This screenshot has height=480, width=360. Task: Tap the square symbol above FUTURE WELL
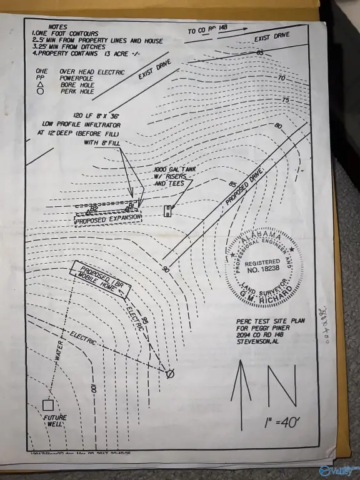tap(47, 404)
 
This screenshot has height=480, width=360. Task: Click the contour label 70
tap(281, 78)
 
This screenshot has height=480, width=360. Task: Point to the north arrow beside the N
tap(242, 381)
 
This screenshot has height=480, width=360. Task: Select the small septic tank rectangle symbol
tap(167, 211)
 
